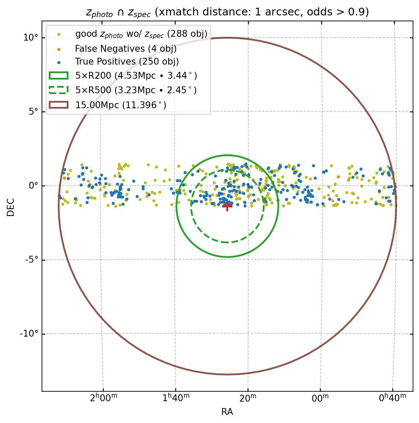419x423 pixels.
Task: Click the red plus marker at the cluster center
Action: coord(227,206)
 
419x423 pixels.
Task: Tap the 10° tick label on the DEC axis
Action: coord(31,38)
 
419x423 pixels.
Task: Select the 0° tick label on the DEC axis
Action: coord(33,186)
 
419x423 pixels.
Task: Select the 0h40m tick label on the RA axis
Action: coord(392,398)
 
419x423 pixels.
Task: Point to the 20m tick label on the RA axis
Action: coord(247,398)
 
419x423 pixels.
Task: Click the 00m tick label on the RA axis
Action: coord(320,398)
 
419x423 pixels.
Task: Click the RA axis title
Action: coord(227,412)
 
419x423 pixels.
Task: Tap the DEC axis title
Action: coord(11,207)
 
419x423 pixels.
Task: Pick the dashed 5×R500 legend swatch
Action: coord(59,90)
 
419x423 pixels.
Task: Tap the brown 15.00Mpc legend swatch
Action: coord(59,104)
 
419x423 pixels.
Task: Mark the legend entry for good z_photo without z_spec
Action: coord(141,34)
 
